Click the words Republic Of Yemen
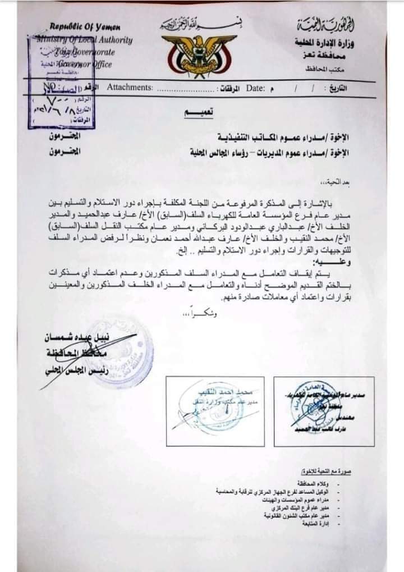[85, 27]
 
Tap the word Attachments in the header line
[130, 88]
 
